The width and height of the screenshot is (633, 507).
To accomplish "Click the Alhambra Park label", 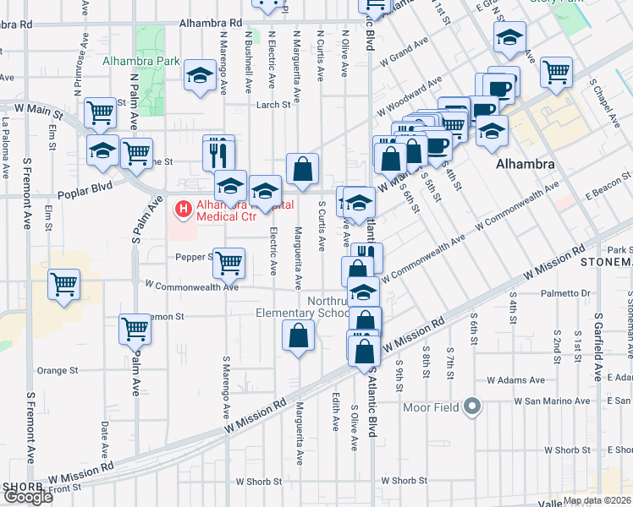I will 141,61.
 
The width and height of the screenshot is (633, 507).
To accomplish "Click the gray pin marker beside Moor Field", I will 472,408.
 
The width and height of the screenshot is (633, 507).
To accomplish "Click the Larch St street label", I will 273,105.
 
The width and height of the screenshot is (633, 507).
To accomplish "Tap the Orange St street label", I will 58,370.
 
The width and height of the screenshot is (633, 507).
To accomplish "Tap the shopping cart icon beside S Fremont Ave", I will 63,283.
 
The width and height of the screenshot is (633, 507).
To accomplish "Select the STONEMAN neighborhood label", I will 606,262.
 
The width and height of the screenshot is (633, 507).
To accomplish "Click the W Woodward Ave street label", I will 416,94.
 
